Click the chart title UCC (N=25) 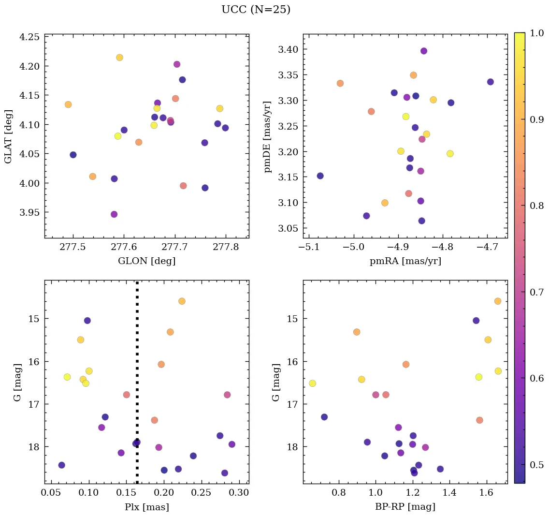256,10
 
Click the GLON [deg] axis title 146,261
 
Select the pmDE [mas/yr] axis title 268,136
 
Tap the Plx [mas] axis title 146,507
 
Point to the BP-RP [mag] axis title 405,507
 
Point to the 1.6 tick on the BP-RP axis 487,494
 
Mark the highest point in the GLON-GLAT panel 119,58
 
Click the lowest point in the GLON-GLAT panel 114,214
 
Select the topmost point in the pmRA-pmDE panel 424,51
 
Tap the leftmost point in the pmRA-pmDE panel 320,176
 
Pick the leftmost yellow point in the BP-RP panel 312,383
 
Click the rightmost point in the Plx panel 232,444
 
